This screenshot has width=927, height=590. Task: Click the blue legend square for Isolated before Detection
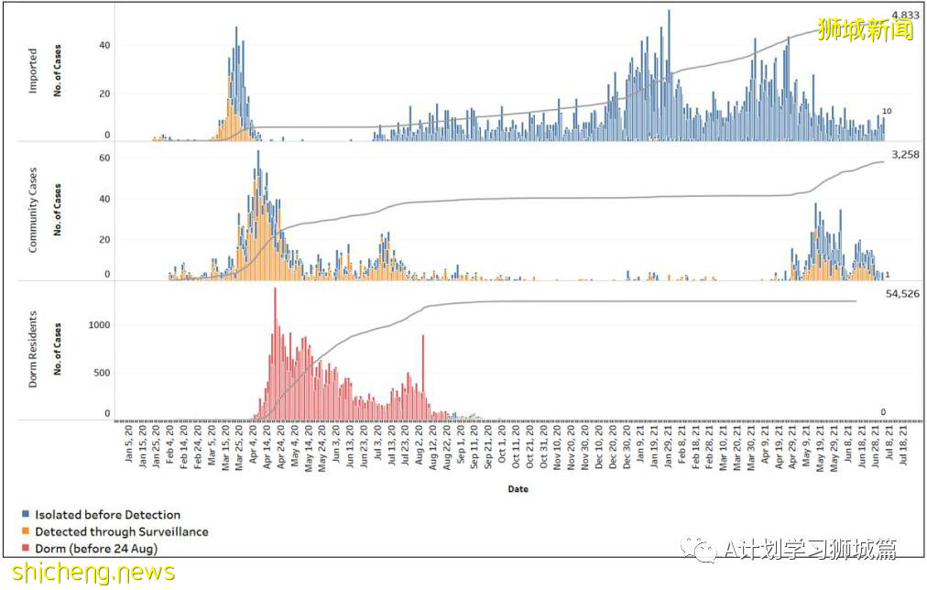[27, 515]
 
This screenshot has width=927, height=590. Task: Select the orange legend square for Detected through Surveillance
[27, 531]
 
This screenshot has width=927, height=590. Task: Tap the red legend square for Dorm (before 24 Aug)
[27, 548]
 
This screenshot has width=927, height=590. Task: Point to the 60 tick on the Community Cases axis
[104, 158]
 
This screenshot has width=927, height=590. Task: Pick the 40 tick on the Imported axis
[104, 46]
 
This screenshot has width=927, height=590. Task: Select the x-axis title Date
[518, 489]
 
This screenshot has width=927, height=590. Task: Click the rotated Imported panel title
[33, 71]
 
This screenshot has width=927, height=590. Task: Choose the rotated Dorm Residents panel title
[33, 350]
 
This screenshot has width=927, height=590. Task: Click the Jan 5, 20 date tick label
[130, 446]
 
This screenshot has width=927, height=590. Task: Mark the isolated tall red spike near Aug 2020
[423, 376]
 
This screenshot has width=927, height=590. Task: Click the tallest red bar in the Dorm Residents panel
[275, 353]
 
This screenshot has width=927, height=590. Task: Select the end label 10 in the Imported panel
[887, 112]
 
